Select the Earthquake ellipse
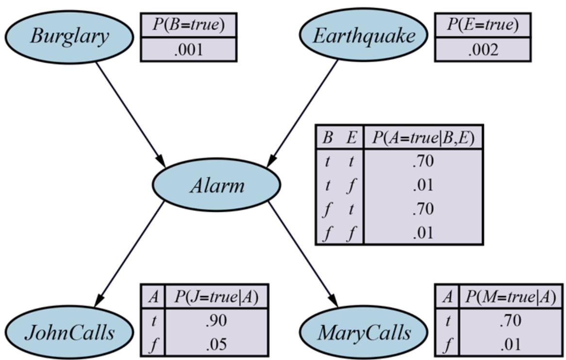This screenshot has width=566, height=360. tap(364, 36)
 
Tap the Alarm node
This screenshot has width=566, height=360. tap(216, 185)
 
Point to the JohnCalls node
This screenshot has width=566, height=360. tap(69, 333)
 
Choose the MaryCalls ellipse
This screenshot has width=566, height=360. tap(364, 333)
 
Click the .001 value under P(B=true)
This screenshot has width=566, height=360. tap(188, 50)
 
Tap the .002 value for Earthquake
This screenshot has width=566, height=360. tap(483, 50)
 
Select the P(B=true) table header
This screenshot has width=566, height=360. tap(188, 25)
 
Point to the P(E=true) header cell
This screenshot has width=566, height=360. tap(483, 25)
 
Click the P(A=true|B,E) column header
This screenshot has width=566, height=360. tap(422, 137)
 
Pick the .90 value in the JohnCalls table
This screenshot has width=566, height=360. tap(216, 321)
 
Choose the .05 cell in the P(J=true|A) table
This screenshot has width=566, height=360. tap(216, 344)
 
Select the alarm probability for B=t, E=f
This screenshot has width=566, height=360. tap(422, 185)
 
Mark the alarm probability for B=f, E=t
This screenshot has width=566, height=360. tap(422, 209)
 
